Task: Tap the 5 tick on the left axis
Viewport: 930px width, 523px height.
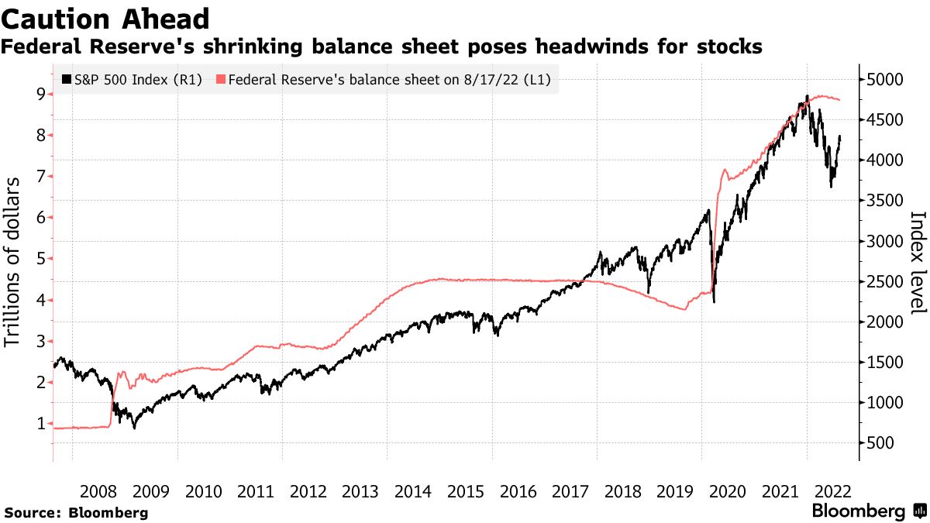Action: click(x=39, y=259)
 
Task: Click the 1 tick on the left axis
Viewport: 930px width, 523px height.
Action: click(x=39, y=423)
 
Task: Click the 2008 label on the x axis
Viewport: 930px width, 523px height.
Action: click(x=98, y=491)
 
